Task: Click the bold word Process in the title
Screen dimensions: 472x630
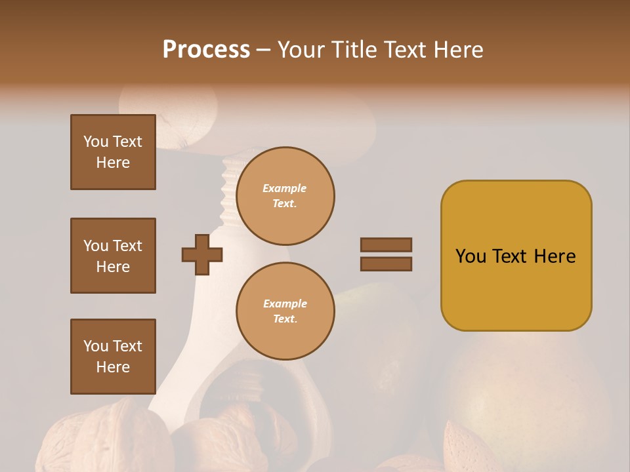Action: [x=206, y=50]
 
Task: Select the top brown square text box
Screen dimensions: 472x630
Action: [x=113, y=152]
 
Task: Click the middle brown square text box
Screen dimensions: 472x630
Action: [x=113, y=256]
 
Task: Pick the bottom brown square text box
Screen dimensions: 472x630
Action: [x=113, y=356]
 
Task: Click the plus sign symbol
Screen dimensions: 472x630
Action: [x=202, y=254]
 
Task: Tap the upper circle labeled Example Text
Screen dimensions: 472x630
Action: [x=285, y=196]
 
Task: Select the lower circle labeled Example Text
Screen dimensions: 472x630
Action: [x=285, y=311]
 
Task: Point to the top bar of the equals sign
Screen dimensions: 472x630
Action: [x=387, y=245]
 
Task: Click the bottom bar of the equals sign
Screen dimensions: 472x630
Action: [x=387, y=264]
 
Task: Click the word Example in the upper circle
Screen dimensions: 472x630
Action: [x=285, y=188]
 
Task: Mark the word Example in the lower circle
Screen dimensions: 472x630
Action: [x=285, y=304]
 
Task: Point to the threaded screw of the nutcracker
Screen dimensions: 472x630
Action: [x=229, y=190]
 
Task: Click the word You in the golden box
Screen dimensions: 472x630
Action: [x=471, y=256]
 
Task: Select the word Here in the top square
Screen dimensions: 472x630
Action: [x=113, y=163]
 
